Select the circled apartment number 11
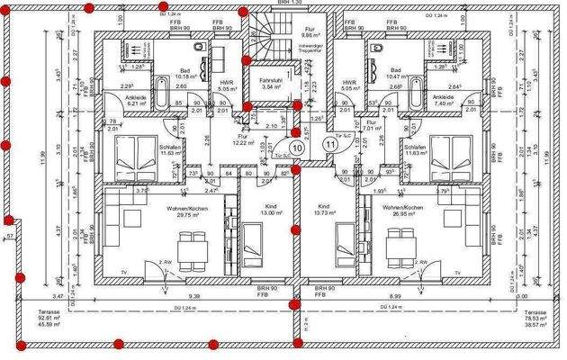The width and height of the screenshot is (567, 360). pyautogui.click(x=330, y=143)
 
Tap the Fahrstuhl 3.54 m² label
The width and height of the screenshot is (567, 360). pyautogui.click(x=265, y=84)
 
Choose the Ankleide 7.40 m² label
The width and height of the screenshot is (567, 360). pyautogui.click(x=443, y=100)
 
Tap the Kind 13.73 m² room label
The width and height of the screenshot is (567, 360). pyautogui.click(x=323, y=210)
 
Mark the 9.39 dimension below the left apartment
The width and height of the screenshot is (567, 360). pyautogui.click(x=193, y=296)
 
